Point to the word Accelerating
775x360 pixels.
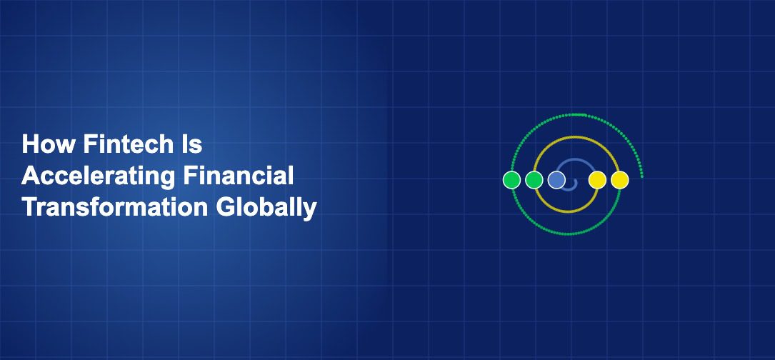click(x=89, y=176)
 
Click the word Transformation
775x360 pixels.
click(x=114, y=207)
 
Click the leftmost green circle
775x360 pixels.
click(x=511, y=180)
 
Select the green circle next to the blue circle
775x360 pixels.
click(x=534, y=180)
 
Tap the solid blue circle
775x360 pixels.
click(x=556, y=180)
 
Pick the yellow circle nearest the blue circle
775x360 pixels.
click(x=597, y=180)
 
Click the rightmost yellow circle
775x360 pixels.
click(x=620, y=180)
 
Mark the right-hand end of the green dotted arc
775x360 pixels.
click(x=642, y=176)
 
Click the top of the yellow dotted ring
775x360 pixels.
click(x=566, y=136)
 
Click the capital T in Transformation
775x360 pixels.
click(x=29, y=207)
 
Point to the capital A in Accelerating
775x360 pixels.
click(x=31, y=176)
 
